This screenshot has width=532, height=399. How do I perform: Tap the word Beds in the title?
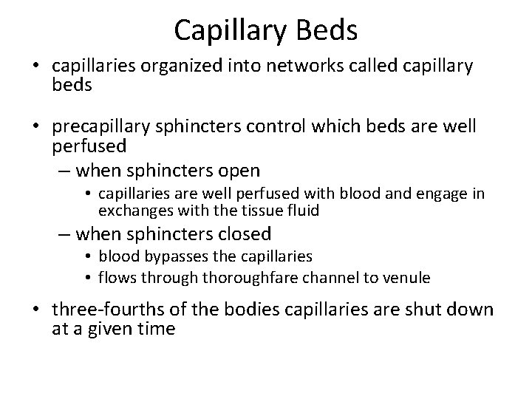327,30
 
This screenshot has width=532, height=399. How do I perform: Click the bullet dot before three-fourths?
35,309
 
